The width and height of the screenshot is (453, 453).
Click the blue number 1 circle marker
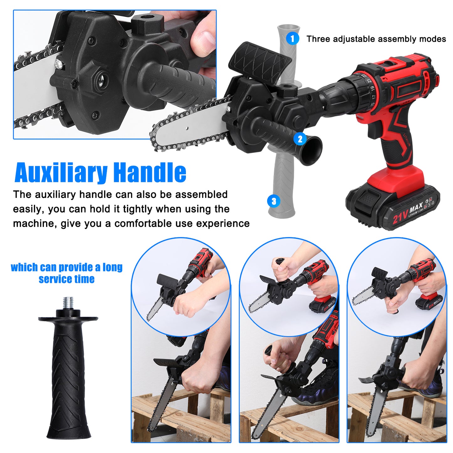[292, 39]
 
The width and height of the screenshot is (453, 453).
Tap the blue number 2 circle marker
[300, 139]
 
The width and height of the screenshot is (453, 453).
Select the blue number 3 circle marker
[274, 201]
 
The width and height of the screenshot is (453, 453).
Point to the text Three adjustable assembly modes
[376, 39]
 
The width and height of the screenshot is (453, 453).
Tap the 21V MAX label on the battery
[407, 213]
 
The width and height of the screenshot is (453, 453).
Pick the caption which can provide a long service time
[66, 273]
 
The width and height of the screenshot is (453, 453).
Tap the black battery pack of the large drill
[392, 207]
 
